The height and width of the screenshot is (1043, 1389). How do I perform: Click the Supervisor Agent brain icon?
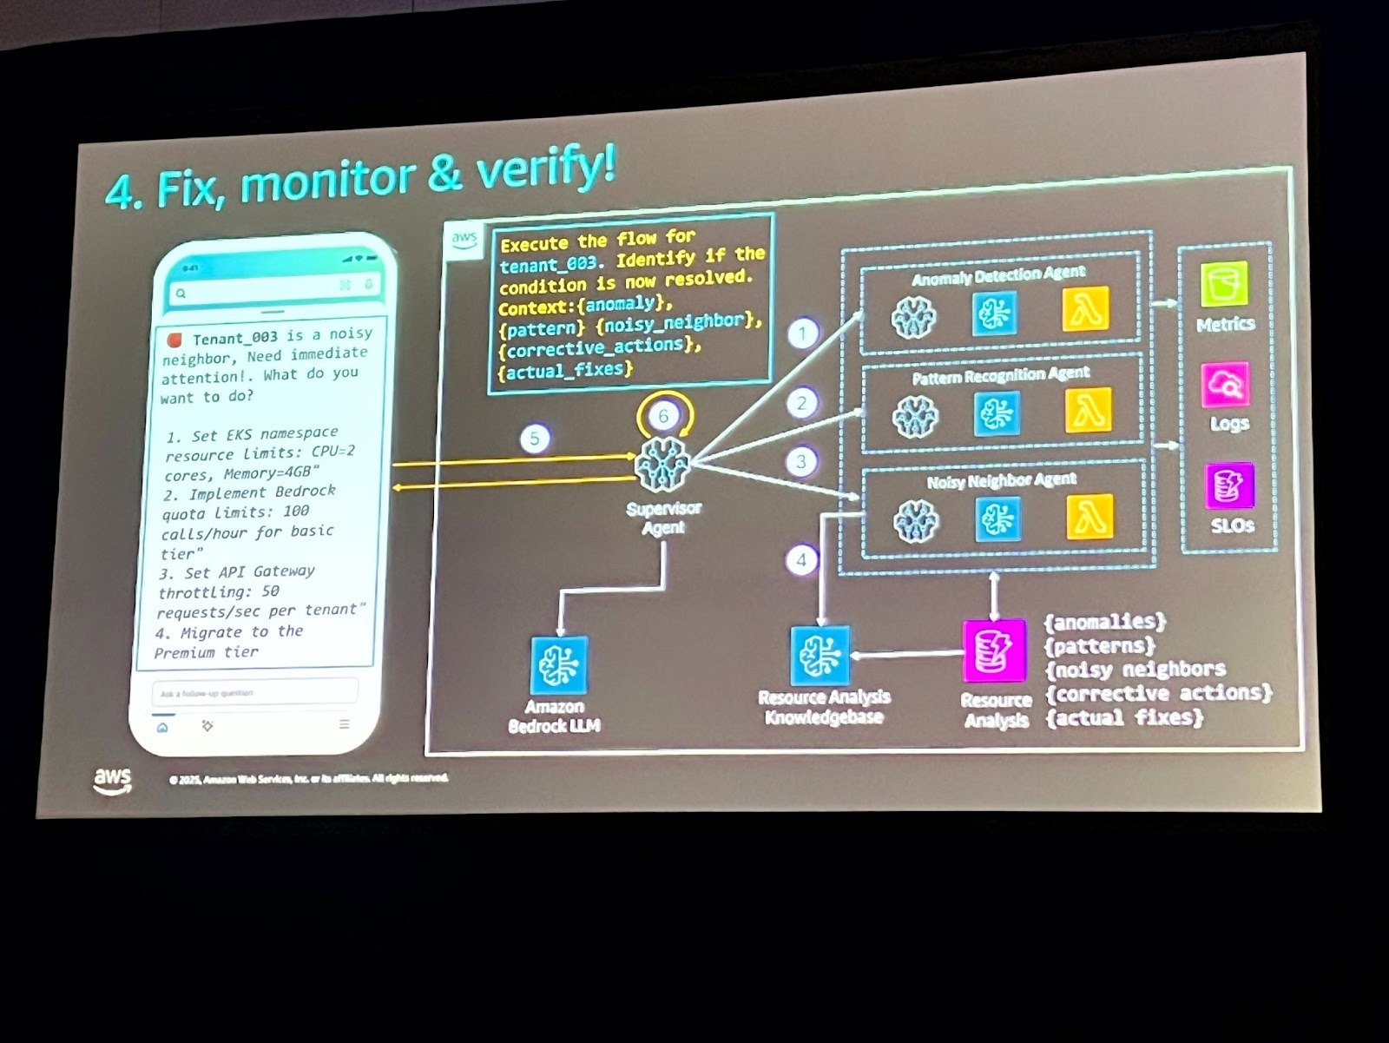[662, 465]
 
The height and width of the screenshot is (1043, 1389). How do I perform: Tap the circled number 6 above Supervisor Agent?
[663, 415]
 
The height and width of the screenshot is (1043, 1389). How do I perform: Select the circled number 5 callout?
[535, 439]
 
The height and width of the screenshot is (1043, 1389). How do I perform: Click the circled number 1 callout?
[802, 333]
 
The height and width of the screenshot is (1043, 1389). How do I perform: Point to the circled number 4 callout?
[801, 560]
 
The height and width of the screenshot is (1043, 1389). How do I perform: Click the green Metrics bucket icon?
[1224, 284]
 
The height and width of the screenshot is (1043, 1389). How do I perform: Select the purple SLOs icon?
[1229, 485]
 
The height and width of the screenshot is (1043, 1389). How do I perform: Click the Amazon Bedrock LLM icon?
[558, 666]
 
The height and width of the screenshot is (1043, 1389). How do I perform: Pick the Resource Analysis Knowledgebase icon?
[820, 655]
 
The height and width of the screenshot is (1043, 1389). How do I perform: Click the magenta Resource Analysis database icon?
[994, 650]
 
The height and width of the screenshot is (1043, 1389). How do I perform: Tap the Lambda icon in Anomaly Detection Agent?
[1085, 309]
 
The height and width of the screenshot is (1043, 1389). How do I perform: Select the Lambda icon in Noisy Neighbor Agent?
[1089, 516]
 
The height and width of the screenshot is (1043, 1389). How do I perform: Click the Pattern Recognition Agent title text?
[1000, 375]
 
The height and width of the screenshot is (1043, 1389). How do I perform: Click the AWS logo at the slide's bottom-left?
[113, 779]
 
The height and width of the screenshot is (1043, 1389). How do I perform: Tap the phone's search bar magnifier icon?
[181, 294]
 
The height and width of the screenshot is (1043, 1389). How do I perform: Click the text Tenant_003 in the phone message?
[235, 337]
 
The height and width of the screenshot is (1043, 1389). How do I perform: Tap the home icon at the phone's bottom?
[162, 727]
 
